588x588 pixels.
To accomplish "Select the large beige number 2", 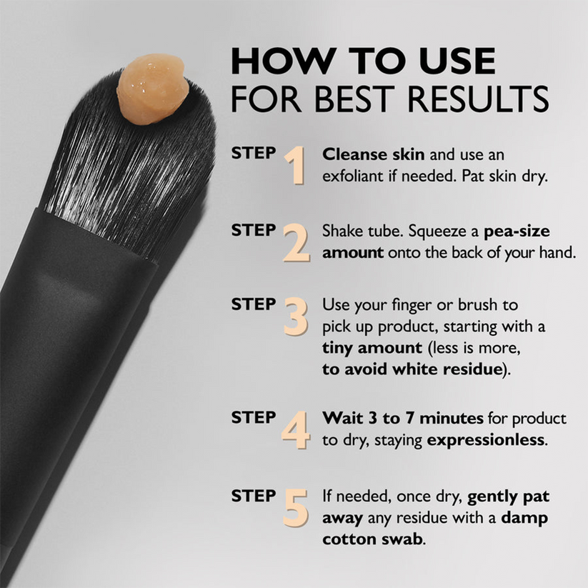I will (x=296, y=242).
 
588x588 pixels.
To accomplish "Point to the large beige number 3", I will (x=296, y=317).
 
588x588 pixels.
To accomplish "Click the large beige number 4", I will (x=296, y=429).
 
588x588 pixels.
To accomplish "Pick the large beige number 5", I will (x=296, y=508).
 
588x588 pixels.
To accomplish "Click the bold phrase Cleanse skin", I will (x=364, y=154).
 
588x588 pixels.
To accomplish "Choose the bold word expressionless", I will (x=486, y=439).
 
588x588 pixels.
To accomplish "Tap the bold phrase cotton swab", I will (x=372, y=538).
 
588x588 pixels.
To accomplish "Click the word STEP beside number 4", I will (x=254, y=417).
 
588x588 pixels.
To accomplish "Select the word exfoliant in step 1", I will (x=353, y=175).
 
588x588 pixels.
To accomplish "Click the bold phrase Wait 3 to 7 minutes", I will (x=403, y=418).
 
